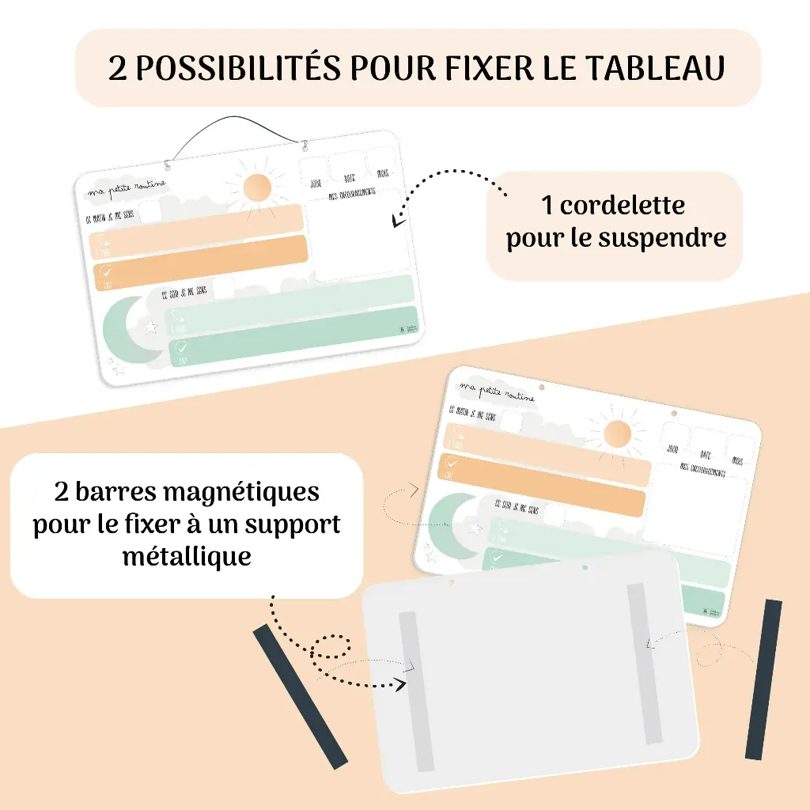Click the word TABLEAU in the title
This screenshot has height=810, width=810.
[x=655, y=69]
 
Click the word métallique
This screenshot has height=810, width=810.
[x=187, y=556]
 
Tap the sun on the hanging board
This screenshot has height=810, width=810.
[x=257, y=188]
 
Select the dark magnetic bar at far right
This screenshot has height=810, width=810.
[x=763, y=679]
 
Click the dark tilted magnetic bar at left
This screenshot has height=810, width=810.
[x=300, y=696]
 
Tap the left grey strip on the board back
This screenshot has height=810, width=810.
[x=416, y=691]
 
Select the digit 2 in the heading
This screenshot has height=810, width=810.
[x=118, y=69]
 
